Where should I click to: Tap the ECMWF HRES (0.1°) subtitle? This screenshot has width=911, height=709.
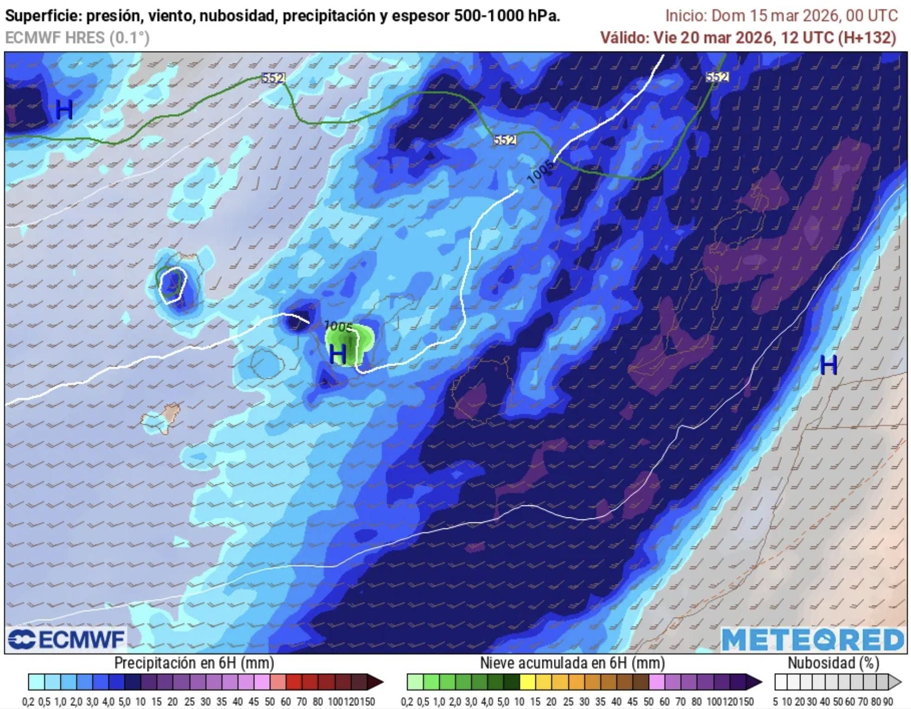click(77, 37)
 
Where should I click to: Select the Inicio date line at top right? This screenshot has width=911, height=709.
click(781, 16)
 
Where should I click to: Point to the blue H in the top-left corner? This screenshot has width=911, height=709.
click(64, 110)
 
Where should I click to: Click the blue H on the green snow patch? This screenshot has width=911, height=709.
click(338, 354)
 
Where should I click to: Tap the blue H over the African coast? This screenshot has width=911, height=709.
click(828, 365)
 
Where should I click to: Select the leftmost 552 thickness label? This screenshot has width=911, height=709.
click(273, 78)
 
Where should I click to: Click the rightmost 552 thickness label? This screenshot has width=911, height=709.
click(717, 77)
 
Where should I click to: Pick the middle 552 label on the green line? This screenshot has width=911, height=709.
click(505, 140)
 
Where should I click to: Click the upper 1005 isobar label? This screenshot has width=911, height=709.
click(540, 171)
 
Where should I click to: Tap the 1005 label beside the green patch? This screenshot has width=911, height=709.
click(338, 327)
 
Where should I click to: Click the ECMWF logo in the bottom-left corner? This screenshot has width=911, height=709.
click(66, 640)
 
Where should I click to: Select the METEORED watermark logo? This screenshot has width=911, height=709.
click(813, 640)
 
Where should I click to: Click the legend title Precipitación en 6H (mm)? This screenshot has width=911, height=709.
click(194, 663)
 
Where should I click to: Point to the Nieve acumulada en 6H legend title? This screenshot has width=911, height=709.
click(572, 663)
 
